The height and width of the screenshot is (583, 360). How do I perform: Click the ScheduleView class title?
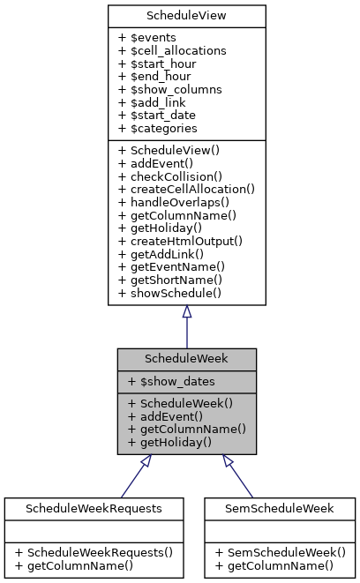click(186, 16)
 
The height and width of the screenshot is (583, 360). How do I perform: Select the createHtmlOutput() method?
click(180, 240)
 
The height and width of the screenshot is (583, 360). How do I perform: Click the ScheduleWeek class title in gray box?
click(186, 360)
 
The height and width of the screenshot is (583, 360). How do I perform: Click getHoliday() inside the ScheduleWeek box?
click(169, 441)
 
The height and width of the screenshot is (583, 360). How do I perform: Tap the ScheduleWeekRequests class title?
click(94, 509)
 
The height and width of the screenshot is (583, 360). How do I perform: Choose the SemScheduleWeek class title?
click(280, 509)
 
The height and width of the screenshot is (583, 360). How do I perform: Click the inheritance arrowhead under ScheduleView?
click(186, 312)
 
